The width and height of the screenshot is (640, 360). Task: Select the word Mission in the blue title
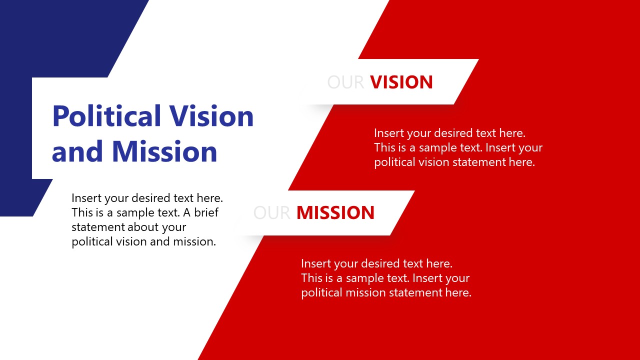(x=164, y=151)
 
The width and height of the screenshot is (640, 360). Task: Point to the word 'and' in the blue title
(x=77, y=151)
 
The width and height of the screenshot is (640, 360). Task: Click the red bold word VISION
(x=401, y=82)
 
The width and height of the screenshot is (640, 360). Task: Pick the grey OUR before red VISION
(x=345, y=82)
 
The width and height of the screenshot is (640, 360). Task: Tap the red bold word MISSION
(x=335, y=213)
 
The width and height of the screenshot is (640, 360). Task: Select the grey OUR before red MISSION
(x=272, y=213)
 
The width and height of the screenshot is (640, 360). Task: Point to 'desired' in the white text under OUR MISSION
(x=381, y=263)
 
